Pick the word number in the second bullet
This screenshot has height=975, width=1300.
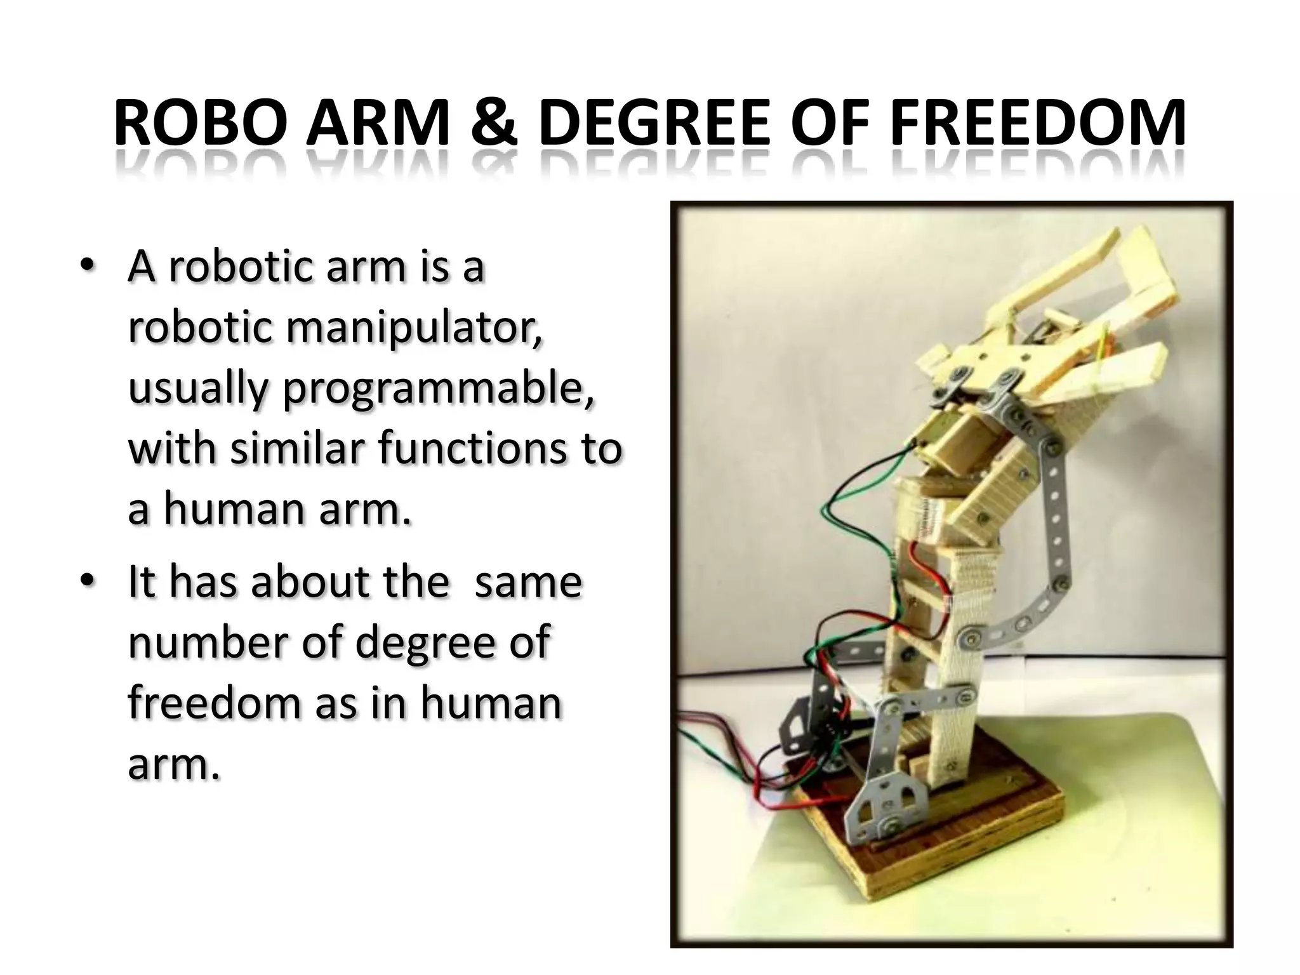209,642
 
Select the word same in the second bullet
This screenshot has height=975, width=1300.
528,582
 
